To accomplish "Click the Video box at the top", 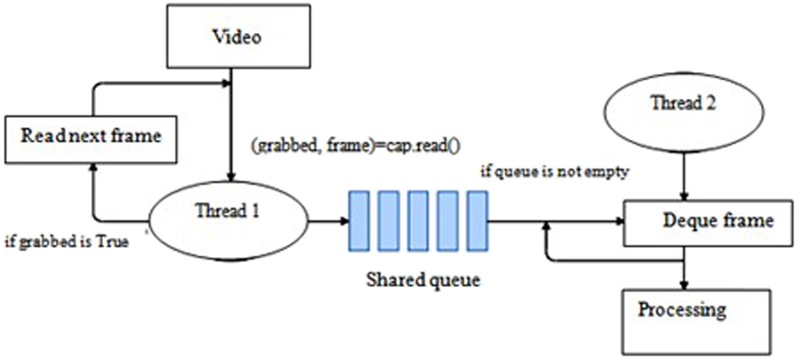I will pyautogui.click(x=236, y=37).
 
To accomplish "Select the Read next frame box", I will pyautogui.click(x=90, y=135).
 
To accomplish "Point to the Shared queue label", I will pyautogui.click(x=423, y=281).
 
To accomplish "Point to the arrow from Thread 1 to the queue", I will pyautogui.click(x=327, y=222).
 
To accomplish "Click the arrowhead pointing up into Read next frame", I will pyautogui.click(x=93, y=166).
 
